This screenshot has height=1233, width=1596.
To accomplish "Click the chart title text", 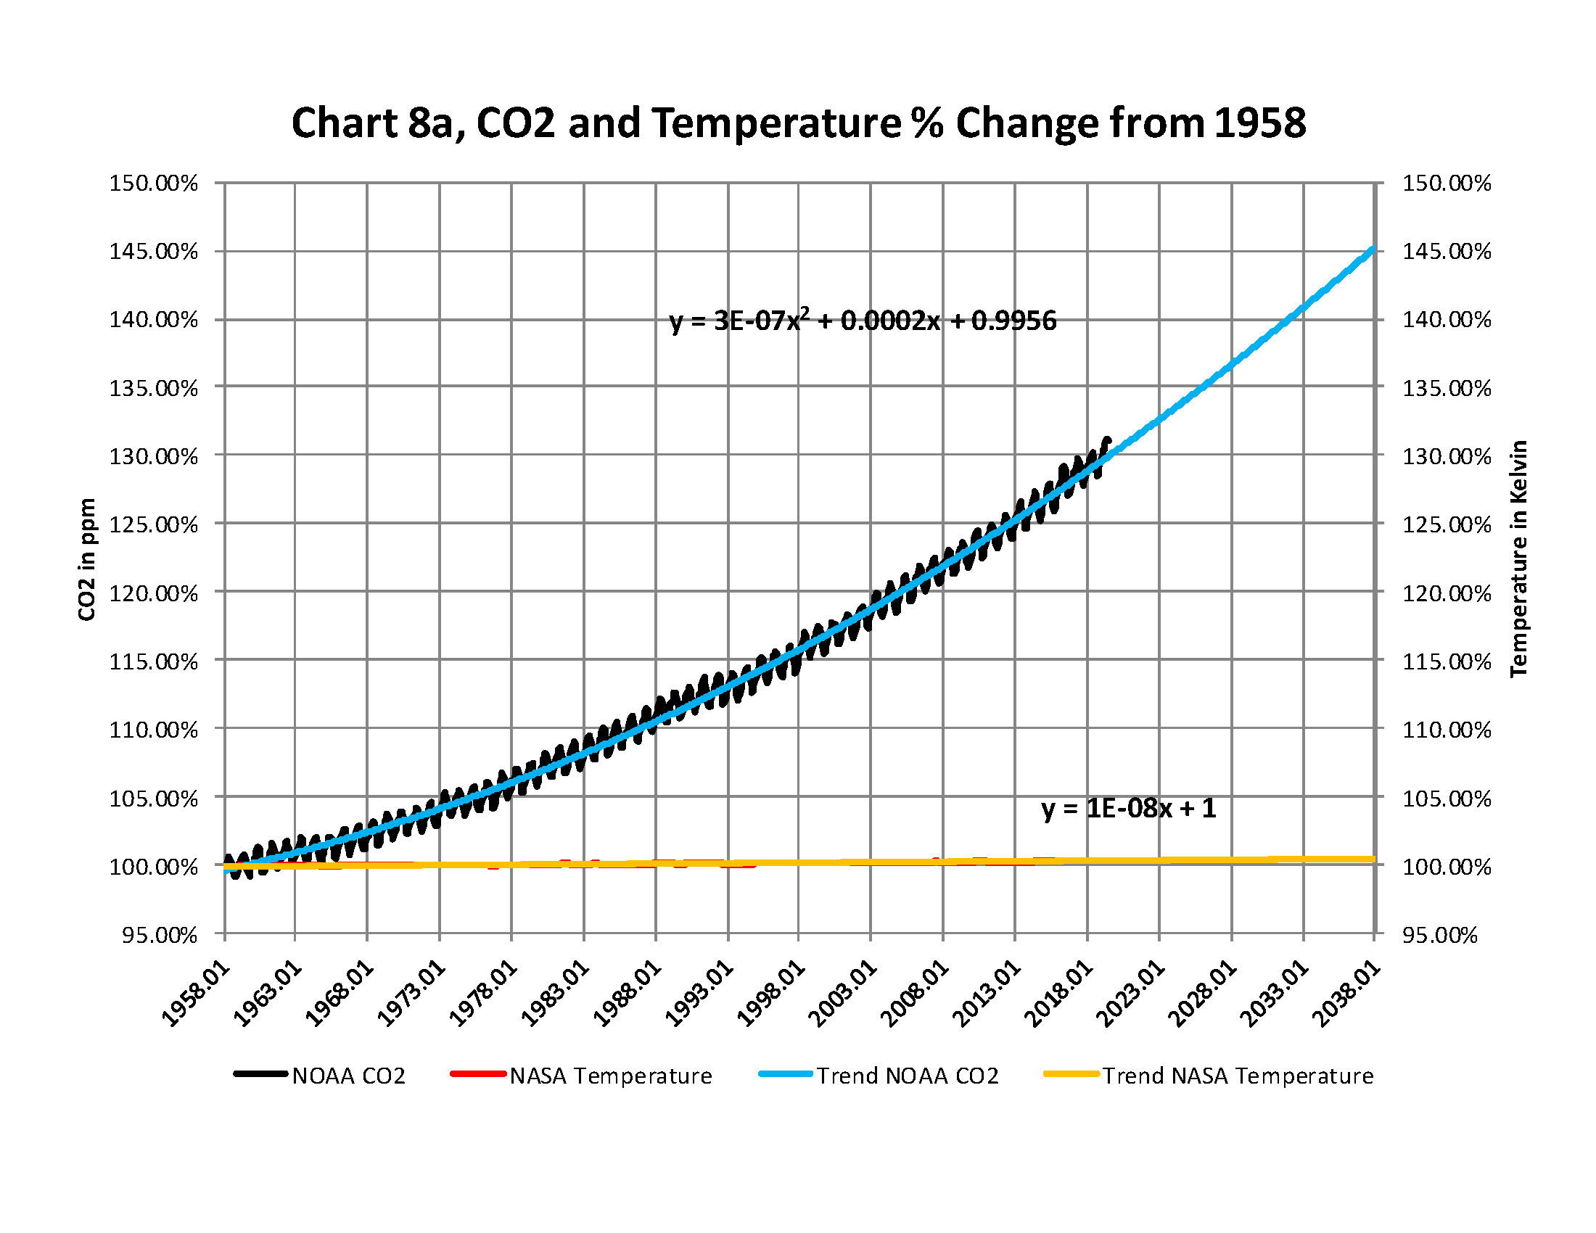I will (798, 123).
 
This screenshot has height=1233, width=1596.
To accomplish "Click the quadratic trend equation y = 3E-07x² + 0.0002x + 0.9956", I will (863, 321).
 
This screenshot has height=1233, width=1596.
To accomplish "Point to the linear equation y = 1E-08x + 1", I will (1128, 808).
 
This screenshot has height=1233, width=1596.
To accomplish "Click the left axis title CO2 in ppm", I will (87, 558).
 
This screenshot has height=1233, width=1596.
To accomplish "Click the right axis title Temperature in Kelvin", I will (1518, 558).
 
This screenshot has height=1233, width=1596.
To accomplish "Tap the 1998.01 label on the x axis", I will (770, 994).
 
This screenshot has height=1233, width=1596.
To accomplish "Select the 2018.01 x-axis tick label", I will (1058, 994).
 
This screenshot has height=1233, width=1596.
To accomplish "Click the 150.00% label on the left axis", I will (154, 183).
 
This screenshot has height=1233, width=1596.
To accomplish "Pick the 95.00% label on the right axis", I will (1439, 935).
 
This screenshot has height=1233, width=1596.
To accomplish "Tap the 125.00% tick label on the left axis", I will (154, 524).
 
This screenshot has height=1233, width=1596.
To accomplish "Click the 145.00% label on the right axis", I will (1446, 251).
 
